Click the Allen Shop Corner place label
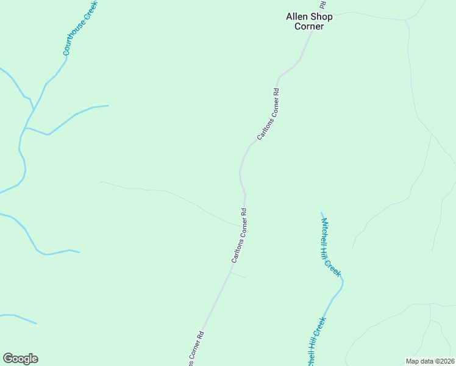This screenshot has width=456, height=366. click(309, 21)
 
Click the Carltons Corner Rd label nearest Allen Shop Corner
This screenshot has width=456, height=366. click(268, 114)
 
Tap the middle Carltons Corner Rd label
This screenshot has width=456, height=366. click(239, 236)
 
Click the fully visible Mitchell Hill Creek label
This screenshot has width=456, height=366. click(330, 246)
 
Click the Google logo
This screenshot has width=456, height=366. click(20, 359)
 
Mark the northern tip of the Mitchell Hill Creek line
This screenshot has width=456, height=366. click(321, 213)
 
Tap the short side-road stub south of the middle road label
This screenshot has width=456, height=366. click(238, 275)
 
